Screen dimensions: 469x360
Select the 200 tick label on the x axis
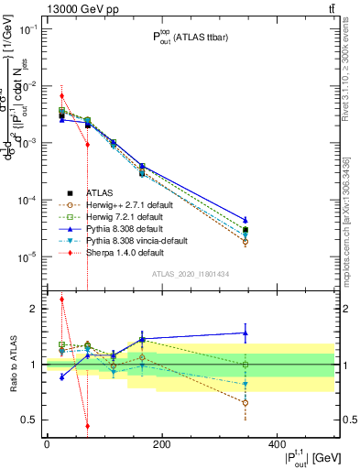click(161, 444)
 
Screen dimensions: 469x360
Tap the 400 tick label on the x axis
click(276, 444)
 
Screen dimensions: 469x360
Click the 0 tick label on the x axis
click(47, 444)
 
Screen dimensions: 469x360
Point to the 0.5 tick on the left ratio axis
click(31, 420)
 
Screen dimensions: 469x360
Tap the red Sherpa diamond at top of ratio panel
click(61, 299)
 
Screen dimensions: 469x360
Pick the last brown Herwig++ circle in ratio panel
click(322, 402)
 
